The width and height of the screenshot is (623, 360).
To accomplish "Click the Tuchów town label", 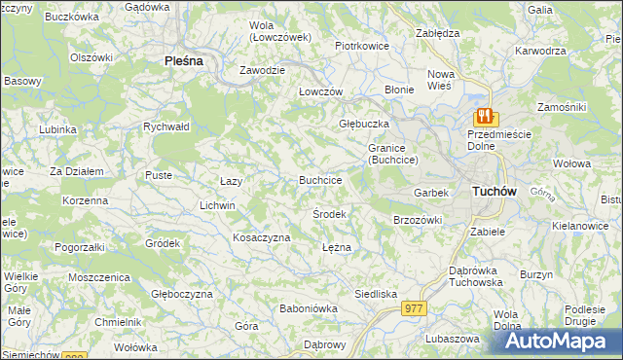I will (x=494, y=192).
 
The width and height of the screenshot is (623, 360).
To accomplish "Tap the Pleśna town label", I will (x=182, y=60).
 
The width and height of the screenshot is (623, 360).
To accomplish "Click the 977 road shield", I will (x=413, y=307).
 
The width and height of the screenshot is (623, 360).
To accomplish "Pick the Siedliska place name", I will (x=375, y=293).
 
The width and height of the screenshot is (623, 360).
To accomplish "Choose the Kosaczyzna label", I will (x=261, y=237).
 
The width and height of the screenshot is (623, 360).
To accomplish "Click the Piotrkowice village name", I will (x=361, y=45).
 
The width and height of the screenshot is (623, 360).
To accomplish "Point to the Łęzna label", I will (x=336, y=247).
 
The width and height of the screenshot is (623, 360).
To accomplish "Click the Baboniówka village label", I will (x=308, y=308).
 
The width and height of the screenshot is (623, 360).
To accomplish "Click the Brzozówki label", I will (x=418, y=220).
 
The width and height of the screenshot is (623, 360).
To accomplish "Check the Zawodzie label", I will (x=263, y=71).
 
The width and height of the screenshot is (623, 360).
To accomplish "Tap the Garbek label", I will (x=431, y=193).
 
